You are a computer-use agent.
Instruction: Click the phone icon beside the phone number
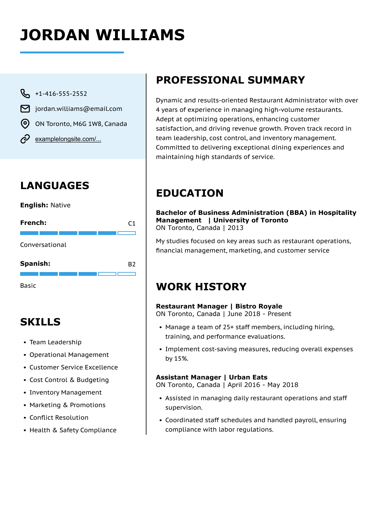25,94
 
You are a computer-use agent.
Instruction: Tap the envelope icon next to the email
25,109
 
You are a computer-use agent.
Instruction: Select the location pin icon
25,124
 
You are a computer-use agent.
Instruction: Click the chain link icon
25,139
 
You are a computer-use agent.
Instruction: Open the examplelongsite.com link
68,139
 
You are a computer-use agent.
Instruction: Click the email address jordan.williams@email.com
79,109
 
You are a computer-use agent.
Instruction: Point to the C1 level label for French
132,224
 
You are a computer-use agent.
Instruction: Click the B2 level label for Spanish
132,264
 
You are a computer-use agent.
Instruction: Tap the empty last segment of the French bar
126,233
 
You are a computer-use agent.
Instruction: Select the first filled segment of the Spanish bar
29,274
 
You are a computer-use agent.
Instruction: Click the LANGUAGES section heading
55,186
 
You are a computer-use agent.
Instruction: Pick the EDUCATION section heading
190,193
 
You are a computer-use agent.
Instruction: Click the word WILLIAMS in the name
140,35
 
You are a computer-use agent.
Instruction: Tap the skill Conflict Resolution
59,417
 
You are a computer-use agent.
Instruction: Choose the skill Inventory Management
65,392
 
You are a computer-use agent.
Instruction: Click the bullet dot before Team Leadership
25,342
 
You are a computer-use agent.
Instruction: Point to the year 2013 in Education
235,228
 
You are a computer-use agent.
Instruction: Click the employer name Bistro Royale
259,306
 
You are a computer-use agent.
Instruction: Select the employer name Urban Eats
248,377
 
